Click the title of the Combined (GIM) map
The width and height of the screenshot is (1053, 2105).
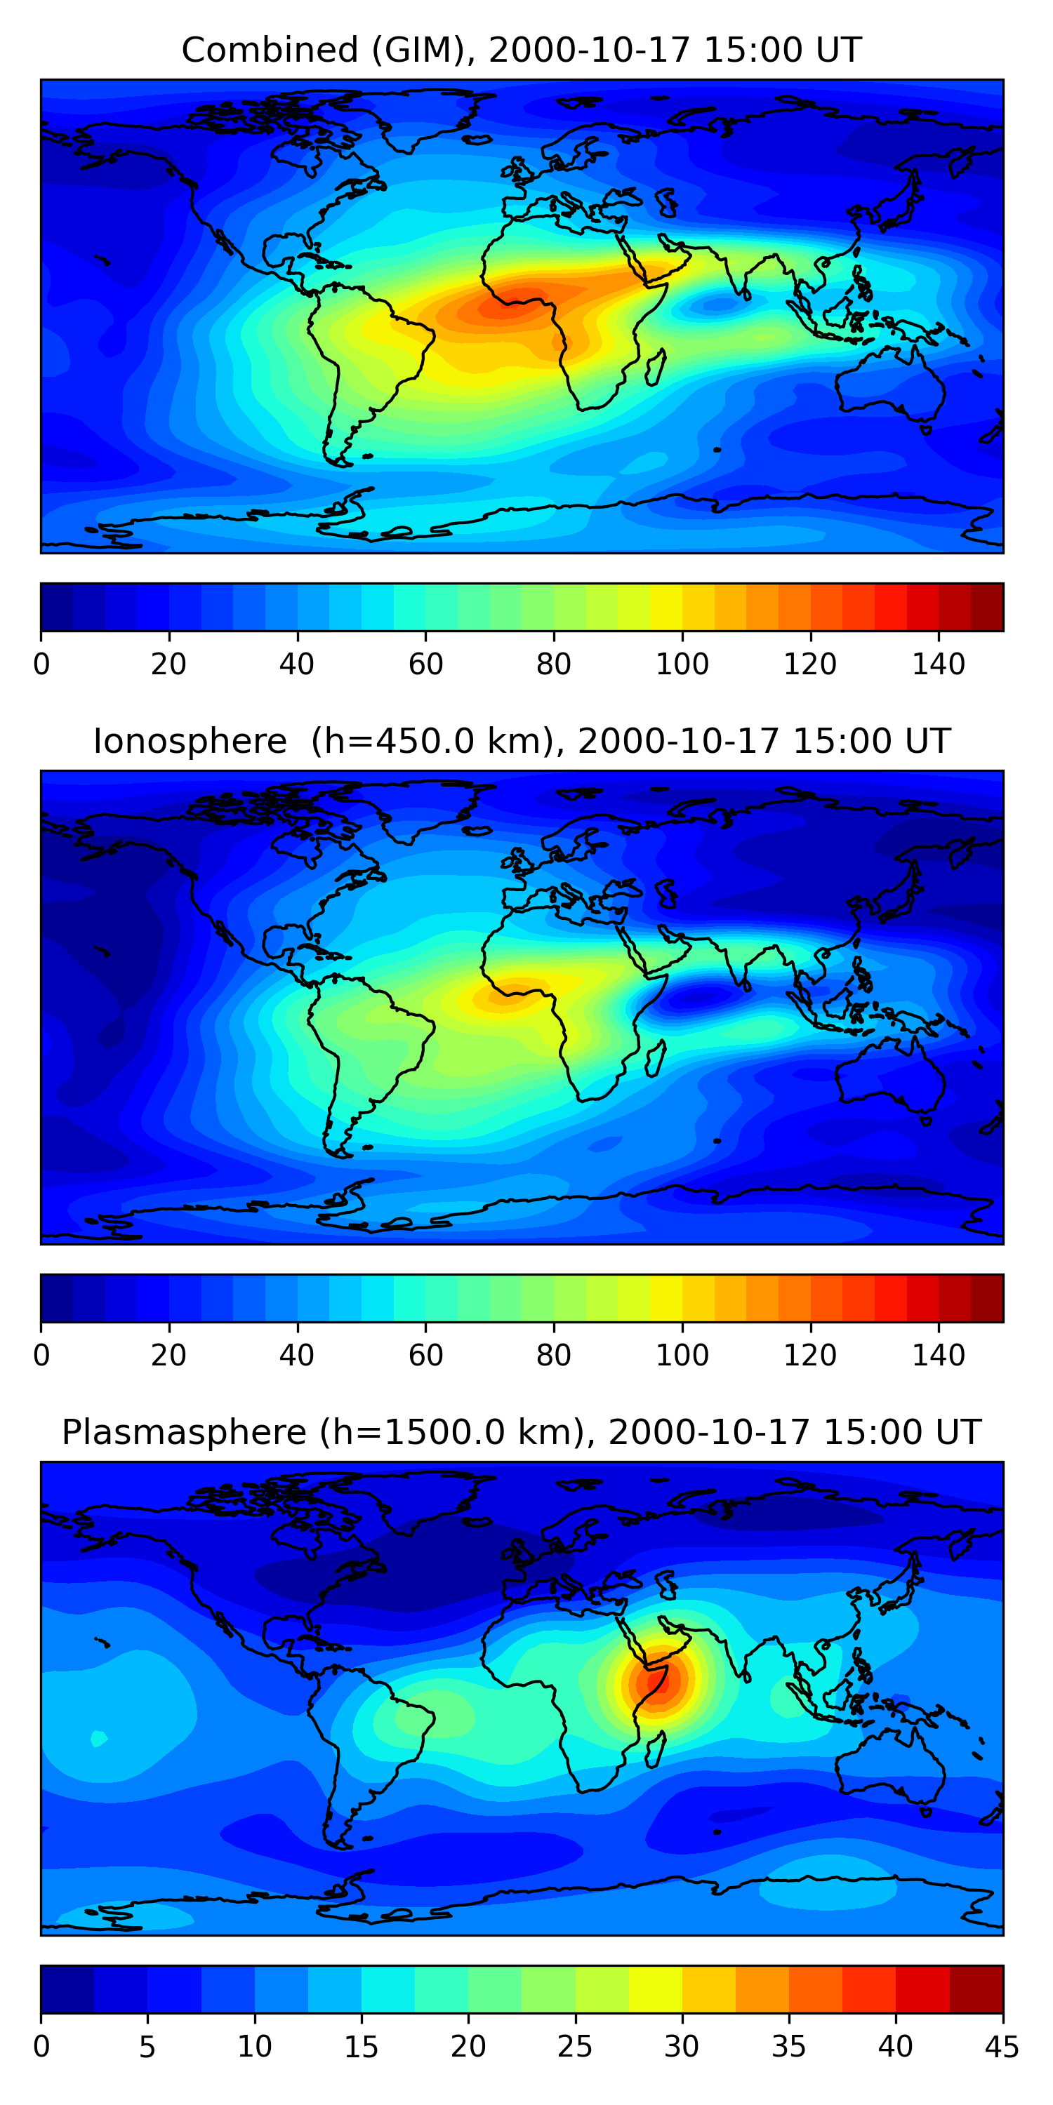click(x=521, y=51)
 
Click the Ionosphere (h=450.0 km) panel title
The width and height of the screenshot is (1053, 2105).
click(x=521, y=741)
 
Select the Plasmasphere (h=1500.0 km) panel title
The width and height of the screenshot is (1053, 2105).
click(x=521, y=1433)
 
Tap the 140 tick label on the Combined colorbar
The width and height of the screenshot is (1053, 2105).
click(x=939, y=664)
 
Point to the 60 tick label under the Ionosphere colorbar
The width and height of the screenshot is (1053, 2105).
click(x=425, y=1355)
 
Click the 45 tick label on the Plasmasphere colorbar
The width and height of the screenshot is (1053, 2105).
click(x=1002, y=2046)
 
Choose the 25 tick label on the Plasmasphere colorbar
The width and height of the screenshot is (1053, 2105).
click(x=575, y=2046)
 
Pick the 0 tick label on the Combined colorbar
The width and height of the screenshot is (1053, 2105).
click(x=41, y=664)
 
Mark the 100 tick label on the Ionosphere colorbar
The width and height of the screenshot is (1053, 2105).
click(x=682, y=1355)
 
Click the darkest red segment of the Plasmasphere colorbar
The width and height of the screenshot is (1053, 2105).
click(x=976, y=1989)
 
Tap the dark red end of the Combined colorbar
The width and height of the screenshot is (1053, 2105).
click(x=987, y=607)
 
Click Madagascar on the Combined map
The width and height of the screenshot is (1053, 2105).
click(x=655, y=367)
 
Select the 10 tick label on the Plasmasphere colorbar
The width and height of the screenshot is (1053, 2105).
click(x=254, y=2046)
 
